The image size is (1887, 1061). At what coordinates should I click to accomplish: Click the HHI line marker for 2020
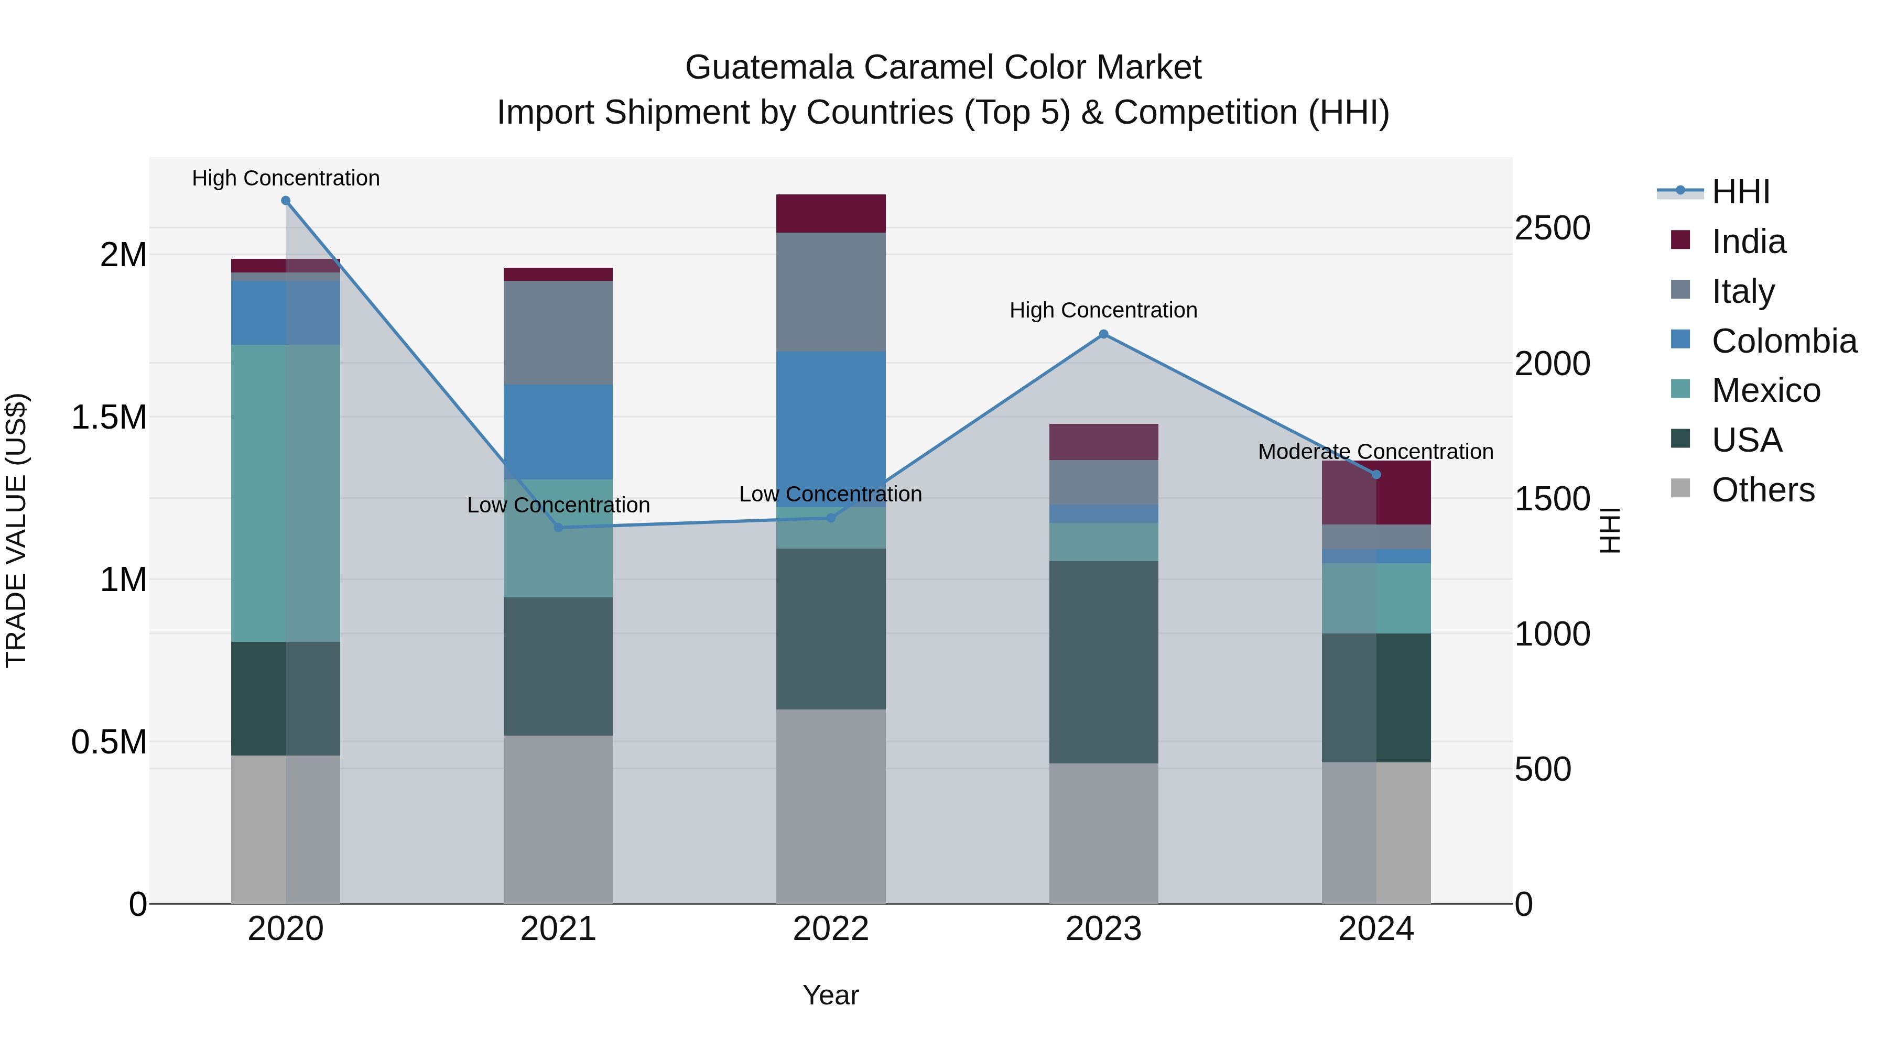286,201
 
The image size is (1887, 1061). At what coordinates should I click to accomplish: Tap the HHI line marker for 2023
1103,335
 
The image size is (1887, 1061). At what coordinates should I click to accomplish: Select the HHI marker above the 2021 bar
558,527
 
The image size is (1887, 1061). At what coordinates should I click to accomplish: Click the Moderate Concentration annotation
1375,452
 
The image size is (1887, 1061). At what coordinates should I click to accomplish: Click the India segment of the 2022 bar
831,214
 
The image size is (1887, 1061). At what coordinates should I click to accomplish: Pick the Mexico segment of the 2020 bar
286,493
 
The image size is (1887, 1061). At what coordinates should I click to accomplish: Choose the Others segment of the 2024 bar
1376,833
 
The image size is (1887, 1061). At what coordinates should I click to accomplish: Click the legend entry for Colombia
1783,341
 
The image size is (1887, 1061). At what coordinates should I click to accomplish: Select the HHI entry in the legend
1740,192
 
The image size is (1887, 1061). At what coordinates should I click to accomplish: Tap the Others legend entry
1762,490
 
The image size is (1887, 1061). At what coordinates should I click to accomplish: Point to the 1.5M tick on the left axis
109,418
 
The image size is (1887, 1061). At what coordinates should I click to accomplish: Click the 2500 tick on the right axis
1552,228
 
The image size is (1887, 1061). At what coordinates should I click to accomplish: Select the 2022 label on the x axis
831,929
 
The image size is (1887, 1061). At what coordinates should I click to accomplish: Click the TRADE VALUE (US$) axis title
16,530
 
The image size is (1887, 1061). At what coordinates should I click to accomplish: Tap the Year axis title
831,995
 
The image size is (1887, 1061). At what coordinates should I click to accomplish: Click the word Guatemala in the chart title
769,68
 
